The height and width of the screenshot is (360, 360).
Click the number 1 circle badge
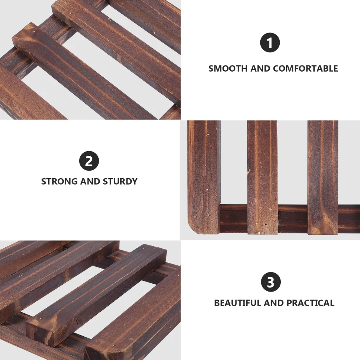tap(270, 43)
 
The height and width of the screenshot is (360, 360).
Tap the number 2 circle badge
tap(89, 161)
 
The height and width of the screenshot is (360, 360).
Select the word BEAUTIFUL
tap(238, 303)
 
